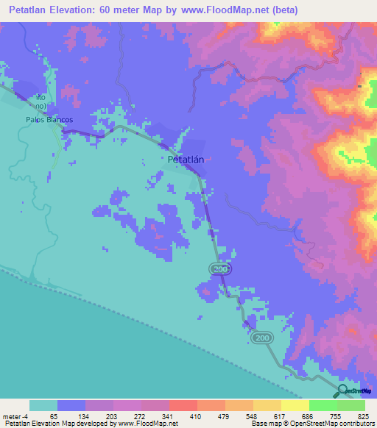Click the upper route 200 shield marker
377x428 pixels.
coord(220,271)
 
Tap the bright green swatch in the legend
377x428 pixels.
coord(323,405)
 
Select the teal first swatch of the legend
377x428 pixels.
coord(43,405)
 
